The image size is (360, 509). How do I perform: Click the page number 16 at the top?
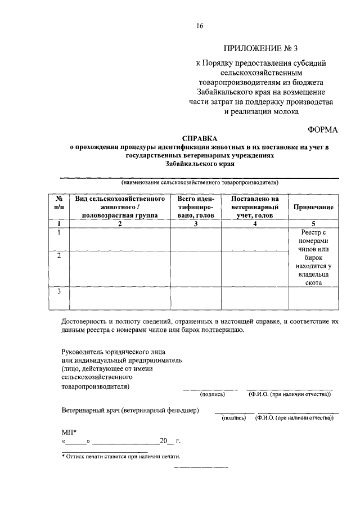click(x=200, y=25)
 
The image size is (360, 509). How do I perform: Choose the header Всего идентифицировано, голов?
click(x=196, y=207)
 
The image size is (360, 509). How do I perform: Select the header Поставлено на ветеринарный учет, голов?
click(x=254, y=207)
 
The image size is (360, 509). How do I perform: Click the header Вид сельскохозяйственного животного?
click(x=120, y=207)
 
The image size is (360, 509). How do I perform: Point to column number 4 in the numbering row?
click(x=254, y=224)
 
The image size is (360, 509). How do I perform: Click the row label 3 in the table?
click(x=58, y=291)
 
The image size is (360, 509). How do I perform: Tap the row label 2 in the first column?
click(x=58, y=256)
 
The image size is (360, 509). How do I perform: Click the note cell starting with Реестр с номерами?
click(x=313, y=258)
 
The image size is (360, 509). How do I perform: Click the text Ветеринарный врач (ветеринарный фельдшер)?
click(x=130, y=411)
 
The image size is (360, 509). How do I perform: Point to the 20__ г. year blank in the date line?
click(x=169, y=441)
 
